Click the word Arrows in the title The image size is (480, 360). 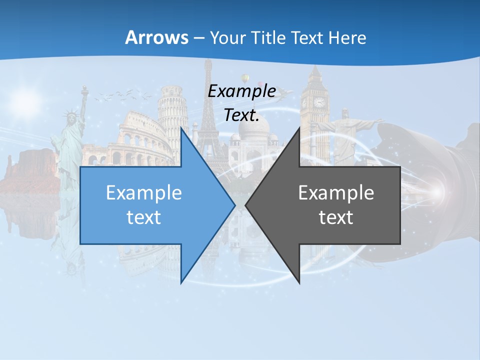(x=156, y=37)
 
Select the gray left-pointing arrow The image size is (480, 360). (x=330, y=205)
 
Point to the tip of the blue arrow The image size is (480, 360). (x=234, y=205)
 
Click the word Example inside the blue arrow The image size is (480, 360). (x=143, y=193)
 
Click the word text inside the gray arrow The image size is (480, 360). (x=336, y=217)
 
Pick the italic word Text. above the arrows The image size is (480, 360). (x=241, y=115)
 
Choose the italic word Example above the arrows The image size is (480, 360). (x=241, y=91)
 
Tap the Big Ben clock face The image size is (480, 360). (x=319, y=102)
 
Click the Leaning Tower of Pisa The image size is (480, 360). (x=171, y=112)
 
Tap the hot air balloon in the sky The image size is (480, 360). (x=245, y=78)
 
